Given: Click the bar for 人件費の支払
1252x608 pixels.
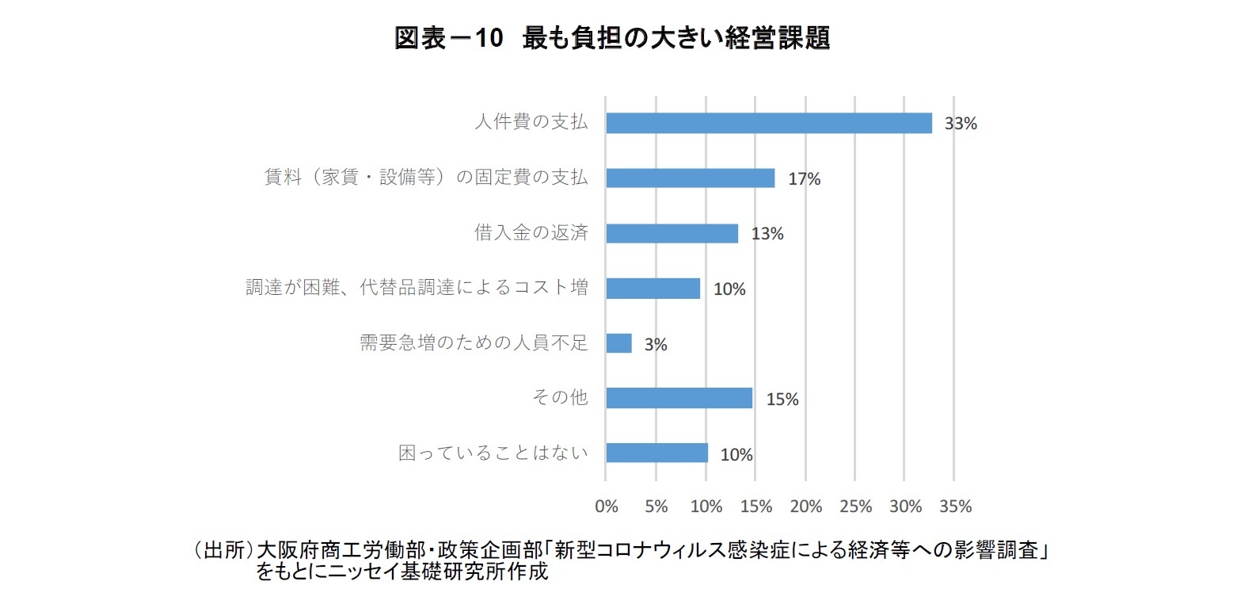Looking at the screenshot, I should click(x=768, y=123).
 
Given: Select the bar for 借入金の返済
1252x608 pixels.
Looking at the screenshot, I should click(x=672, y=233).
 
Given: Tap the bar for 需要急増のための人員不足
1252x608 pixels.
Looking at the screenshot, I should click(x=618, y=343).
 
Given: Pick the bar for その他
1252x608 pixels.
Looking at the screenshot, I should click(x=679, y=398).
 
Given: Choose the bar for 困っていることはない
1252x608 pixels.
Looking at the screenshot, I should click(x=656, y=453).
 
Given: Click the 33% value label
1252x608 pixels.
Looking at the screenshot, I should click(x=961, y=124).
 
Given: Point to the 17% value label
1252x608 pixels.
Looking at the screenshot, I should click(x=804, y=179).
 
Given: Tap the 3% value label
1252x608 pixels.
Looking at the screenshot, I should click(x=656, y=345).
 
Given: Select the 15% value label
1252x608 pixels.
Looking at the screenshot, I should click(x=782, y=400).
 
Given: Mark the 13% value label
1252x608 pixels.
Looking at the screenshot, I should click(x=767, y=234).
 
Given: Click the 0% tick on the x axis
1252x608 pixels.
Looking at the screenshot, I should click(x=607, y=507).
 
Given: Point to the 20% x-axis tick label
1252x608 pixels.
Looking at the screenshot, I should click(x=806, y=507).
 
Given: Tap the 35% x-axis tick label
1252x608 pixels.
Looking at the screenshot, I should click(x=955, y=507).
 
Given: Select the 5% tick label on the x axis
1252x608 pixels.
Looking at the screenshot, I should click(x=656, y=507).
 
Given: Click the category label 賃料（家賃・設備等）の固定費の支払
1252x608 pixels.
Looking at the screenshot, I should click(x=425, y=177).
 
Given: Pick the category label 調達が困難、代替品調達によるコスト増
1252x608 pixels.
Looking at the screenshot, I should click(x=417, y=287).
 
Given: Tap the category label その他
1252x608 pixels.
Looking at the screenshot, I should click(x=560, y=397).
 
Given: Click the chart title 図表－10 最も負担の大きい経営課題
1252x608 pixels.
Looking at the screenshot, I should click(x=611, y=37).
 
